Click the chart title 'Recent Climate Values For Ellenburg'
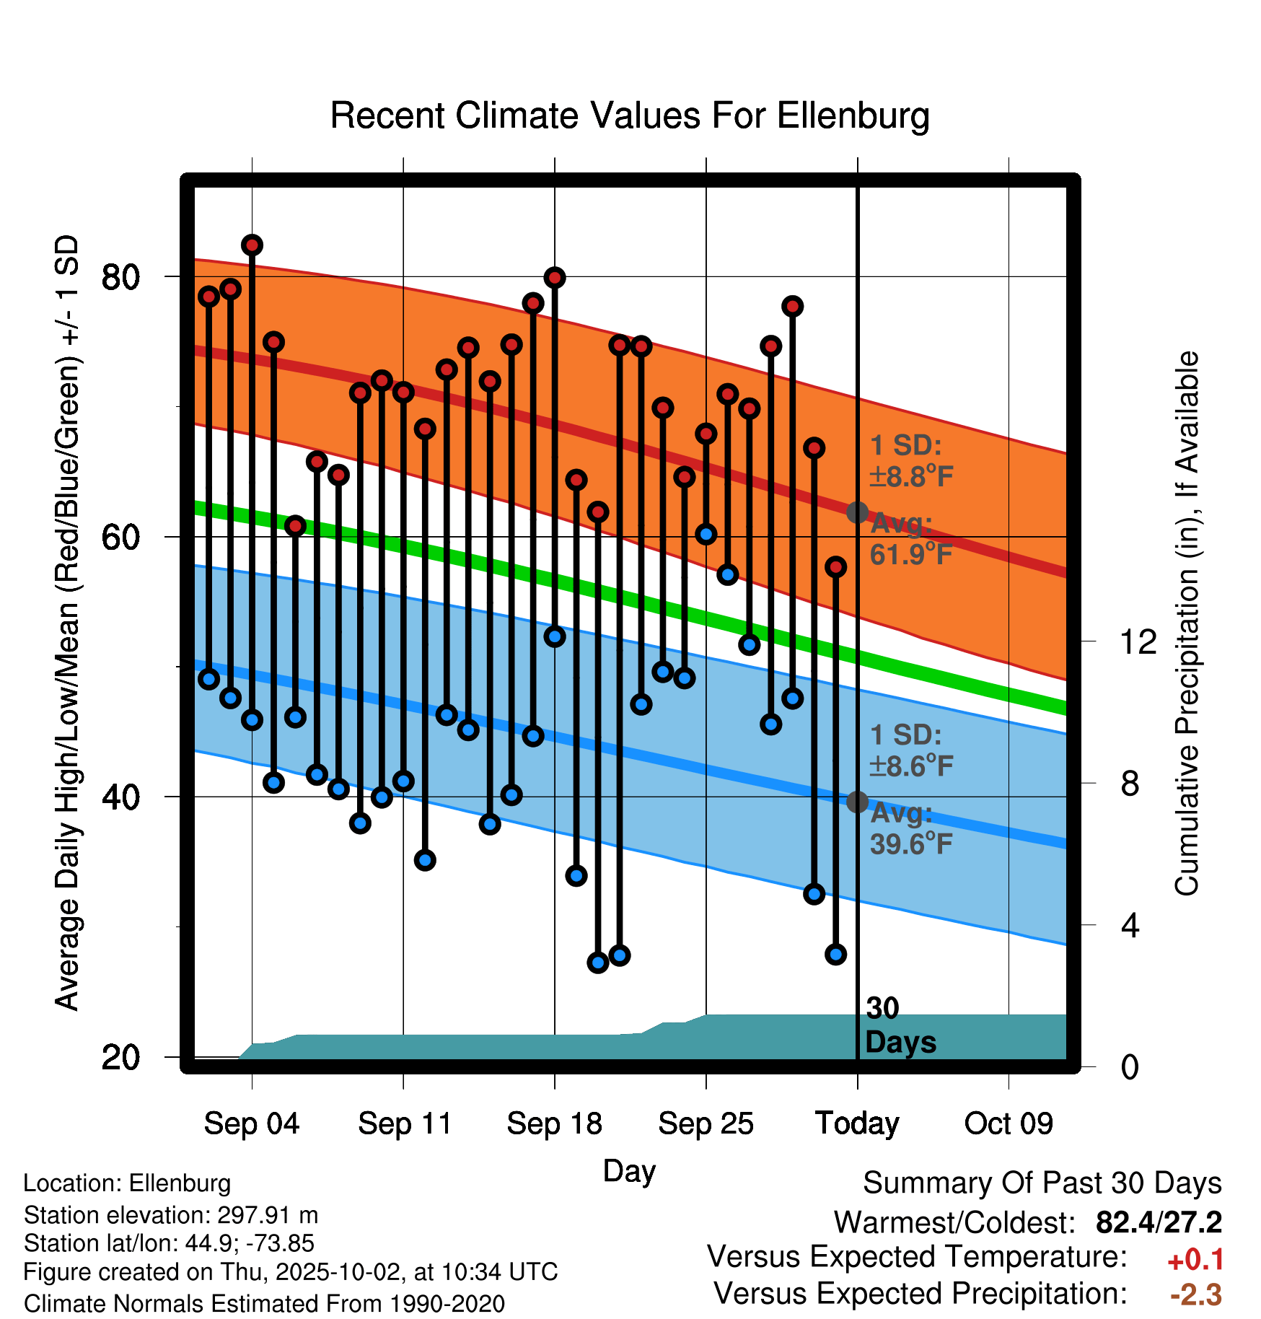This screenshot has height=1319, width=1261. pos(629,115)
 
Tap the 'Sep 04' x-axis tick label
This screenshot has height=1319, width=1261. pos(251,1123)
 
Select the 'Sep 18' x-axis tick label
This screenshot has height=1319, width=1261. pos(554,1123)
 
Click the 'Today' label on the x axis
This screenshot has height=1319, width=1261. pos(857,1123)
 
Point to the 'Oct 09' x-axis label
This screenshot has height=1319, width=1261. pos(1009,1123)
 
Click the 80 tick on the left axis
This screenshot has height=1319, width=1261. pos(120,277)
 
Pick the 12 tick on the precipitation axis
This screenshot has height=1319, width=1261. pos(1138,641)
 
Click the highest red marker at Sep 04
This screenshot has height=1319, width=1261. pos(252,245)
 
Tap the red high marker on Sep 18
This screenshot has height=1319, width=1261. pos(555,278)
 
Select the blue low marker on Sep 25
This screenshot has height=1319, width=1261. pos(706,534)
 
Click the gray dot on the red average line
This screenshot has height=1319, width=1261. pos(857,512)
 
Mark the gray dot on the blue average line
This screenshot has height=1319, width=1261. pos(857,802)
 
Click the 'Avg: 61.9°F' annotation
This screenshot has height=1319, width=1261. pos(910,539)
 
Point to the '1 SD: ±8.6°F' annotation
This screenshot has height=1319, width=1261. pos(910,750)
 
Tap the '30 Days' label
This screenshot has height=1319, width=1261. pos(900,1025)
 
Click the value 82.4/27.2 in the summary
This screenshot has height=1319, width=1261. pos(1159,1222)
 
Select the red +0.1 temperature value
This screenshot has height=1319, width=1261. pos(1195,1260)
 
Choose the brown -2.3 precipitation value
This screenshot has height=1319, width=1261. pos(1195,1295)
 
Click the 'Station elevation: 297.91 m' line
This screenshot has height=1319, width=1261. pos(171,1215)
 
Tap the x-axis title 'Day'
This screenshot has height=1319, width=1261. pos(629,1170)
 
